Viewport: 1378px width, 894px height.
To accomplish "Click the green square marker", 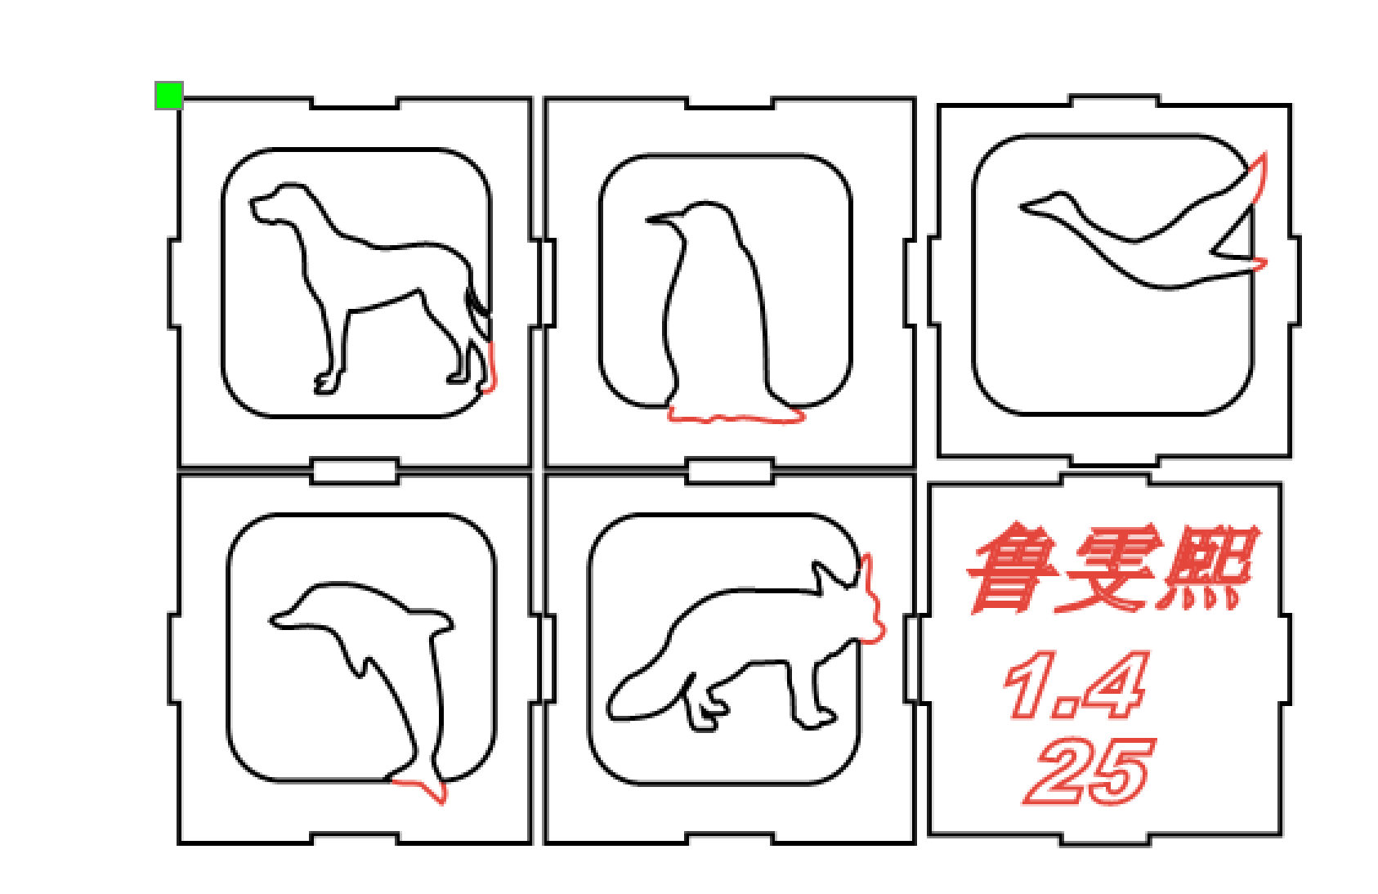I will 168,96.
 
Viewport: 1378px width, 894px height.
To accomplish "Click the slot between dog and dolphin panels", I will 355,471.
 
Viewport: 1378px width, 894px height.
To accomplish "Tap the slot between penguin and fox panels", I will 729,471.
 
